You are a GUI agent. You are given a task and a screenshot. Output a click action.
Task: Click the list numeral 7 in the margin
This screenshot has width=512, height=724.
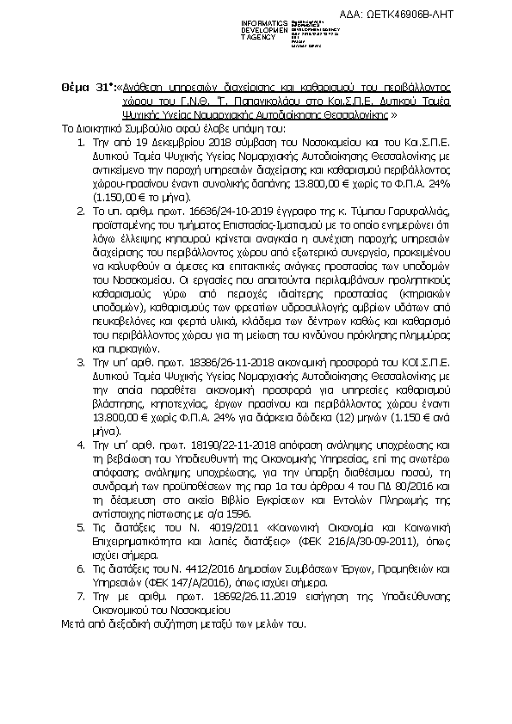(80, 594)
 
